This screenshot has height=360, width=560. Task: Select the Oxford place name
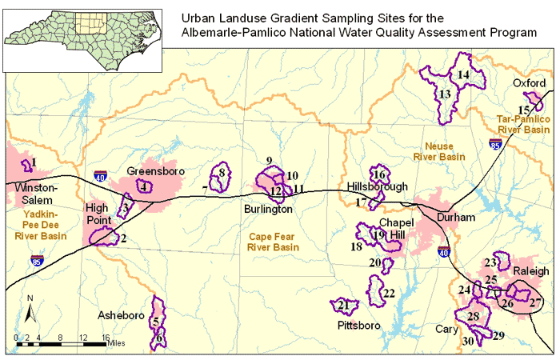click(529, 83)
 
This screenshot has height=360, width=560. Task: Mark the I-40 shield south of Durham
click(444, 252)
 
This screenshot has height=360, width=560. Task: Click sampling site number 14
click(463, 74)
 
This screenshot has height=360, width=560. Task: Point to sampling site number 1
click(33, 163)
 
